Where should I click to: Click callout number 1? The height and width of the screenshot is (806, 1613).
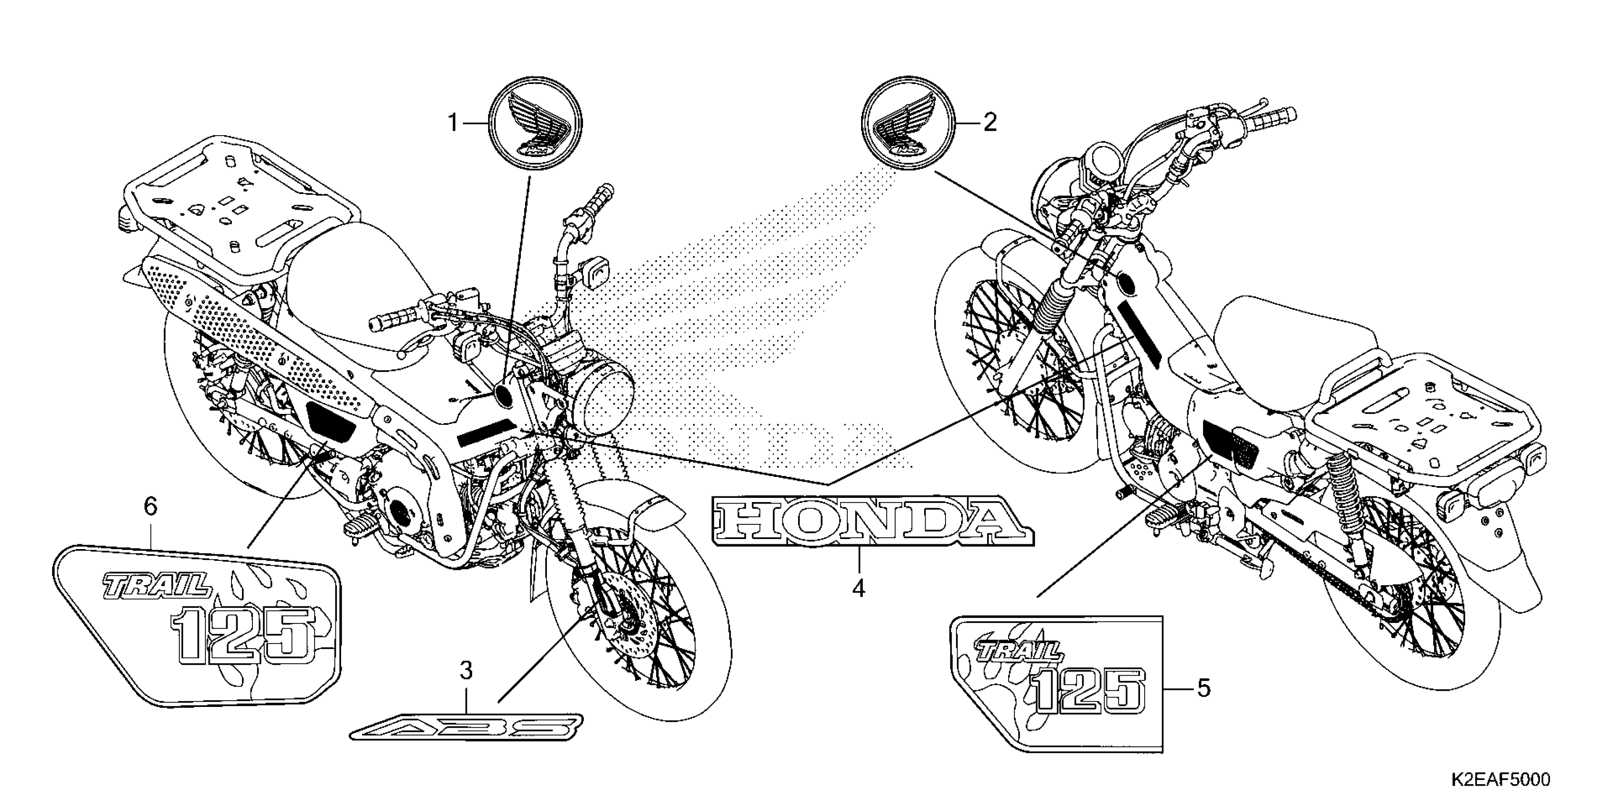(453, 123)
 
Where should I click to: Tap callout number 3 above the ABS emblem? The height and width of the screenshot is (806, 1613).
(466, 671)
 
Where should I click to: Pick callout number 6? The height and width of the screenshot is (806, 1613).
(150, 506)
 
